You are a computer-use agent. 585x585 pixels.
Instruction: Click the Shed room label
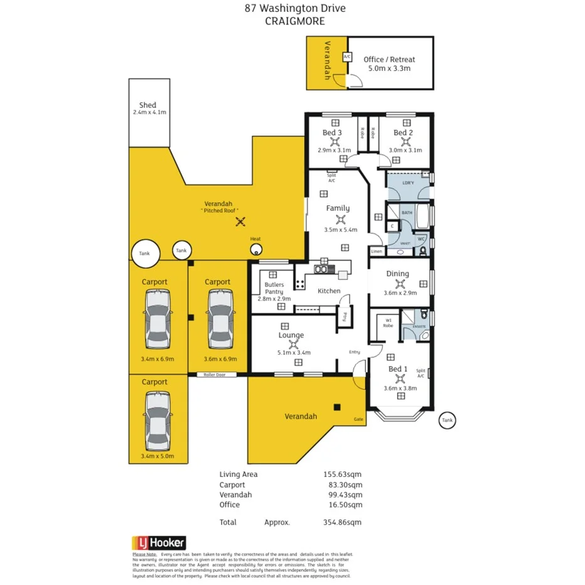pos(148,105)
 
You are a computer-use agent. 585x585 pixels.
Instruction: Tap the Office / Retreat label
pos(389,60)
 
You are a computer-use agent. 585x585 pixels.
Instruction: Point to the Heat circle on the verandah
pos(256,249)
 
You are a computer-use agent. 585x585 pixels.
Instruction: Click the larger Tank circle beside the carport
pos(145,252)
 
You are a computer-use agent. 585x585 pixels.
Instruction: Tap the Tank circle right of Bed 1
pos(446,420)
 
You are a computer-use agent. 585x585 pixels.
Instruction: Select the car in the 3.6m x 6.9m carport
pos(220,319)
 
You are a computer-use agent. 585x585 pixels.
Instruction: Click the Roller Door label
pos(219,375)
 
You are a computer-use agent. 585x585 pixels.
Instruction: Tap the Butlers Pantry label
pos(274,288)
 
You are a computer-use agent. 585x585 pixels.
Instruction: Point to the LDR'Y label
pos(408,183)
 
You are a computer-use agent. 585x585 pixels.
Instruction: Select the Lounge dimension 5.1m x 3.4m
pos(291,352)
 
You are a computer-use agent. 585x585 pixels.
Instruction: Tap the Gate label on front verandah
pos(358,419)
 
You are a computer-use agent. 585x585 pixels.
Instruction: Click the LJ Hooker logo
pos(159,542)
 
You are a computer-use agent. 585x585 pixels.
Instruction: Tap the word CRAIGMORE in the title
pos(294,21)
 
